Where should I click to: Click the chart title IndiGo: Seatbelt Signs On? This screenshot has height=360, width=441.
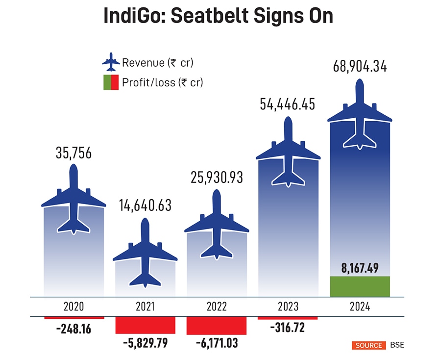coord(218,16)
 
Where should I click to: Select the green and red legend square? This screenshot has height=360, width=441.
coord(111,82)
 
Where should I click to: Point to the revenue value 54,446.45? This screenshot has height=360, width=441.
coord(288,104)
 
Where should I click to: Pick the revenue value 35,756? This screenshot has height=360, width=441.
coord(73,153)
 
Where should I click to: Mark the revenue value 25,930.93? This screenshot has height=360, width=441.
coord(216,178)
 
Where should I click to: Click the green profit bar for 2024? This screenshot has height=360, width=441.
coord(360,286)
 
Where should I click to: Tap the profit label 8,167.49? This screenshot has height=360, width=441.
coord(360,269)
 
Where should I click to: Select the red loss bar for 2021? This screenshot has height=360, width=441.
coord(145,325)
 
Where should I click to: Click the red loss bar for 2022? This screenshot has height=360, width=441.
coord(216,326)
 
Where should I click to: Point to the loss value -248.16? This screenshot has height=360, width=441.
coord(73,328)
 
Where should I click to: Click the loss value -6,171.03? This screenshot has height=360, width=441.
coord(216,343)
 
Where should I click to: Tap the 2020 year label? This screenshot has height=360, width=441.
coord(73,307)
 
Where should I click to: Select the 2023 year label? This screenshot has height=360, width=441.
coord(288,307)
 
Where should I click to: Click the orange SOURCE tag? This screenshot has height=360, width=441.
coord(369,345)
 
